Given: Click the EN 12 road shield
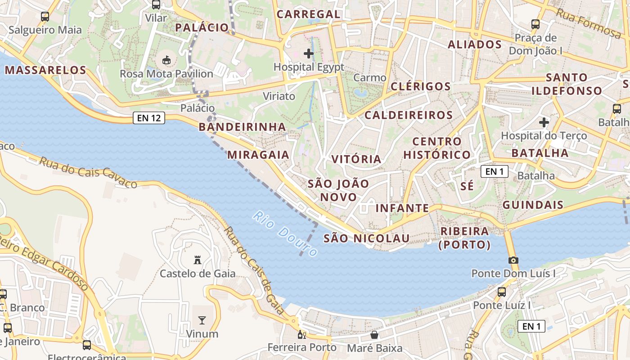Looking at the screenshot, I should click(149, 118).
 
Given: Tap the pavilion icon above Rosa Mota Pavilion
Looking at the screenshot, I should click(166, 59).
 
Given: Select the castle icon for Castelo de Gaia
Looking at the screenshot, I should click(197, 260).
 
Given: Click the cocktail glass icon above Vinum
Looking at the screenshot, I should click(202, 320).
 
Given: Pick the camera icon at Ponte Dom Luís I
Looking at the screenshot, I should click(513, 260).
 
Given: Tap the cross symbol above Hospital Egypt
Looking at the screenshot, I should click(309, 54).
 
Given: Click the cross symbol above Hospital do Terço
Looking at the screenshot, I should click(544, 122).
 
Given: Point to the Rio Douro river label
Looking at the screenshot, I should click(284, 234).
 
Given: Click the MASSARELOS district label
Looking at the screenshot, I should click(45, 70).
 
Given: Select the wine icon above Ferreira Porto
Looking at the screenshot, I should click(301, 334).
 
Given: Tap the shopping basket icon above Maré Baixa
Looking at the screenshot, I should click(374, 335).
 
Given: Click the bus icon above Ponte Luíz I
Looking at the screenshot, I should click(502, 292).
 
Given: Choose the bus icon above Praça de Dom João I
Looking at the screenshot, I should click(535, 24).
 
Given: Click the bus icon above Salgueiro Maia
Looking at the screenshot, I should click(45, 17).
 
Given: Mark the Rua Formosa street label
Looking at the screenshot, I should click(588, 22).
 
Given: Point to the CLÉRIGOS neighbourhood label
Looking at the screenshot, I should click(421, 86).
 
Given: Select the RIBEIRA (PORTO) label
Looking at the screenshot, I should click(464, 238).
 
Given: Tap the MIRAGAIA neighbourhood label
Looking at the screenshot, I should click(258, 155).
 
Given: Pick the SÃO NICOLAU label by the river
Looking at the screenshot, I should click(367, 238).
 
